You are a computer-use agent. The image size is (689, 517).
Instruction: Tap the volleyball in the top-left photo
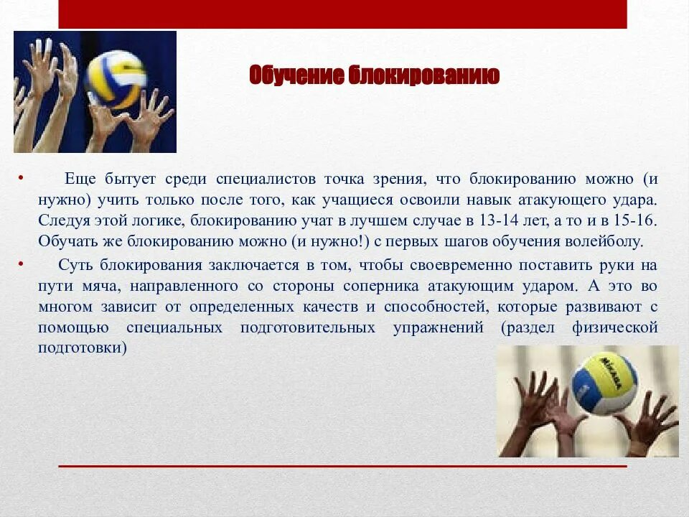pos(115,79)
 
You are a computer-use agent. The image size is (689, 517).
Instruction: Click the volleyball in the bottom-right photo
pos(604,383)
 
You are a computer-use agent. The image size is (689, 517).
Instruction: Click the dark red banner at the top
pos(342,14)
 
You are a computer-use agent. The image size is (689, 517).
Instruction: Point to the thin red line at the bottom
pos(342,467)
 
